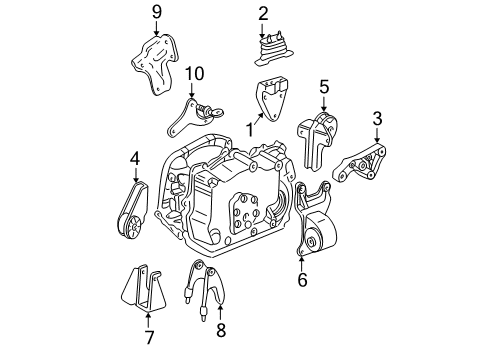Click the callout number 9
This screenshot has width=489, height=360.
click(155, 13)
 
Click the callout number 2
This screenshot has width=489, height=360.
click(264, 13)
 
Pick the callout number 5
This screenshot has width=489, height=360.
click(323, 87)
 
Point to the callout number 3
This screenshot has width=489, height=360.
click(376, 121)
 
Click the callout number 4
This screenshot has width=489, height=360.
click(134, 157)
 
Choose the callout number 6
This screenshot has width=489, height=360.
click(301, 281)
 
